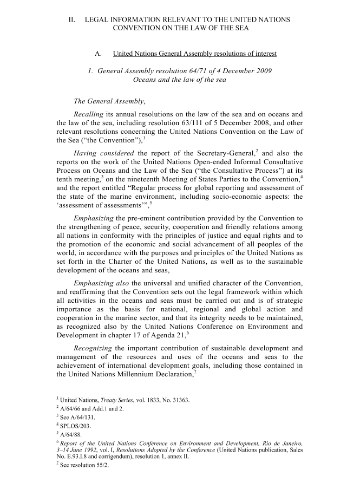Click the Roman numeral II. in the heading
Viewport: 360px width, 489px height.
click(x=71, y=19)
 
